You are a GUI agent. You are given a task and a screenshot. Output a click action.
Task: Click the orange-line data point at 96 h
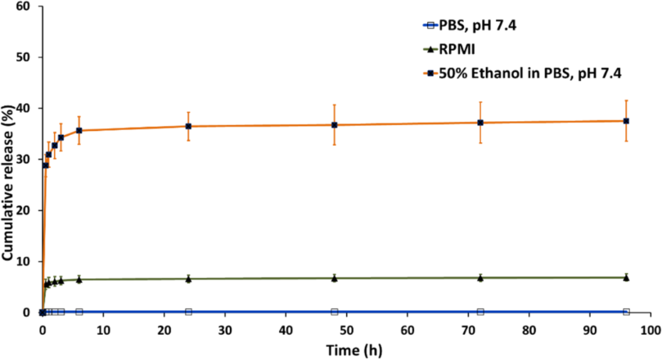(626, 121)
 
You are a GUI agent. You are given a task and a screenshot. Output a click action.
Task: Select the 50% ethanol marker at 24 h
(188, 126)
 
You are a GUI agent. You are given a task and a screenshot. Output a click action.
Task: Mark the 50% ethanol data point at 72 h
(480, 123)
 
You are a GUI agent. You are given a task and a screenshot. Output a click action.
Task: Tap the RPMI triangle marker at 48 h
(334, 278)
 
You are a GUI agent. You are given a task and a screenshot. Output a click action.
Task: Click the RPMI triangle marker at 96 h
(626, 277)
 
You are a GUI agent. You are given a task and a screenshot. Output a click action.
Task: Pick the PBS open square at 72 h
(480, 312)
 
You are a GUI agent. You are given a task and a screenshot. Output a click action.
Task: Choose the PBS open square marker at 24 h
(188, 312)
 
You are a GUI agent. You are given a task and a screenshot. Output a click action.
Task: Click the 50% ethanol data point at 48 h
(334, 125)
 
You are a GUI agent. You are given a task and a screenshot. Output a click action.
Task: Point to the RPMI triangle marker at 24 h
(188, 279)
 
